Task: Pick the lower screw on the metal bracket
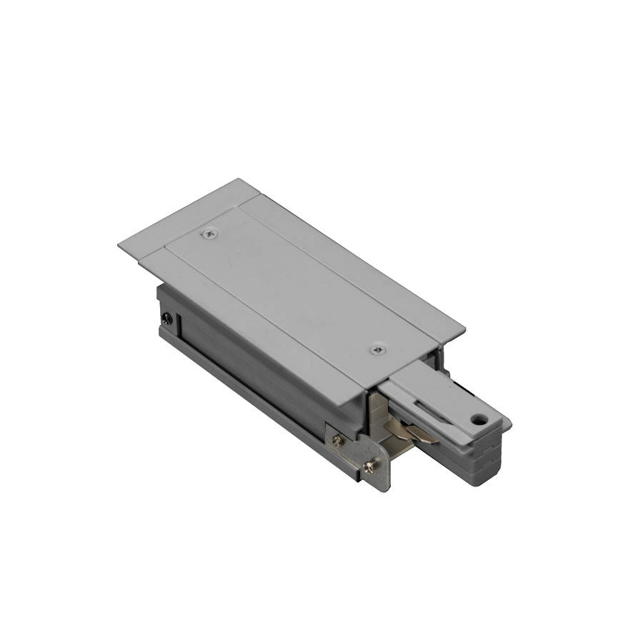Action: (x=369, y=467)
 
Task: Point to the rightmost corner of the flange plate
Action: (x=465, y=332)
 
